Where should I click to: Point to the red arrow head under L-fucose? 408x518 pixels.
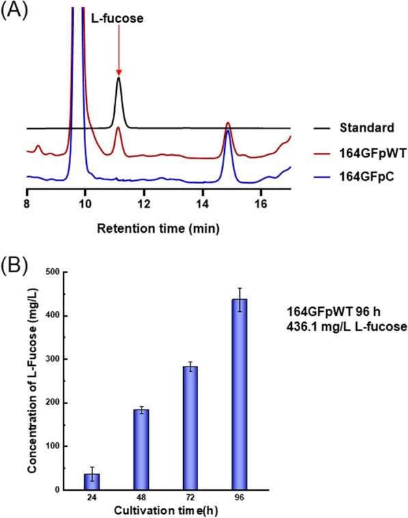(x=118, y=72)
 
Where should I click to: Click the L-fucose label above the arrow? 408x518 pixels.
(x=118, y=19)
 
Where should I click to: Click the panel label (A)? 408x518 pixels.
(x=14, y=12)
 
